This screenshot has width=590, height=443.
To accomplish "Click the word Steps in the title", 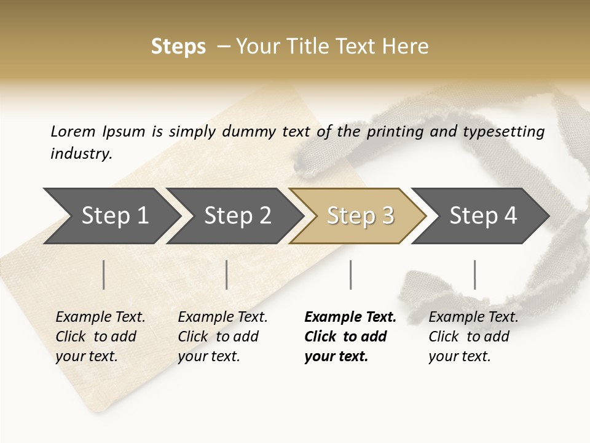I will pos(178,47).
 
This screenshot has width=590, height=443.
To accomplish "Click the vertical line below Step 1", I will pos(104,274).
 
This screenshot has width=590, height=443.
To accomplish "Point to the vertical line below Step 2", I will pos(227,274).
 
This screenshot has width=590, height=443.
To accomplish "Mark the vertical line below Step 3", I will pos(351,274).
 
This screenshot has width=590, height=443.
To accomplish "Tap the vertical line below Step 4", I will pos(475,274).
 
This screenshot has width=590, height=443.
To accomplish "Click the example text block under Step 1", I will pos(100,337).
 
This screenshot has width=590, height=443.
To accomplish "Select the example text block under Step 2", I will pos(222,337).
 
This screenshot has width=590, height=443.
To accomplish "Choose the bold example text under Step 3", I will pos(350,337).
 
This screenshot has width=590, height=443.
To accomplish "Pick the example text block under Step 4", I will pos(473,337).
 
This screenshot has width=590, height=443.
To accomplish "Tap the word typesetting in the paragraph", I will pos(509,131).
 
